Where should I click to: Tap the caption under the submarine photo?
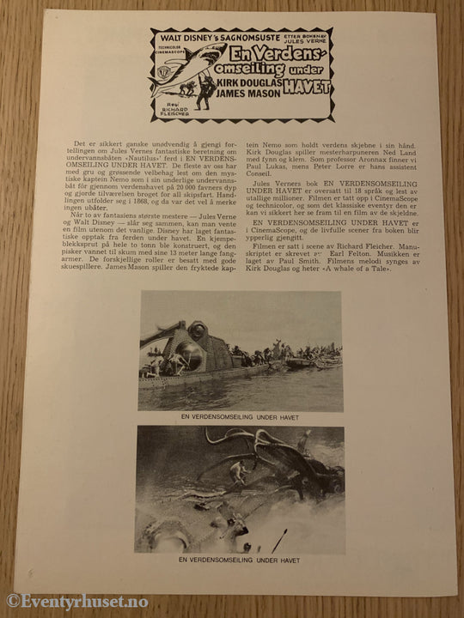point(240,418)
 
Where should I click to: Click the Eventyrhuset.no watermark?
point(64,600)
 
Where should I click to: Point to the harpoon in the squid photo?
point(279,541)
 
